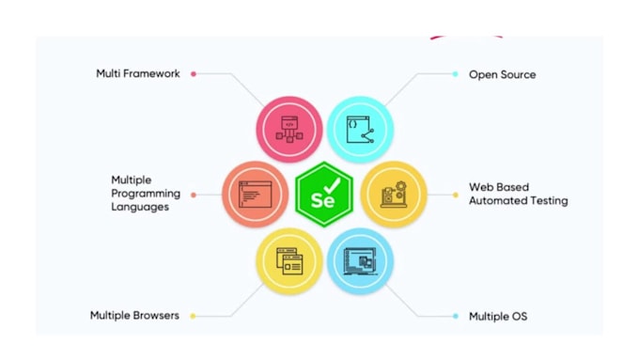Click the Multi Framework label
(137, 73)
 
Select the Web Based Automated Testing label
(518, 194)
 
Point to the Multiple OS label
(498, 317)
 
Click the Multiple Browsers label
(134, 316)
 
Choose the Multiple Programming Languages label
(140, 194)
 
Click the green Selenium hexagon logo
(323, 195)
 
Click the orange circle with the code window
(255, 195)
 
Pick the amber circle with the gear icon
(394, 195)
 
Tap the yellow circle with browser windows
(289, 260)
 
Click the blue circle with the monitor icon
(360, 260)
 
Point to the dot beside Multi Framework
(193, 73)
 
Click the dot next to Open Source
(456, 74)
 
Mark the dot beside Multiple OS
(456, 317)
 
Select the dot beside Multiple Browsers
(193, 316)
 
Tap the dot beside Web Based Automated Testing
(456, 195)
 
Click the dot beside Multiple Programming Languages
(193, 195)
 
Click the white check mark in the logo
(334, 186)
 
